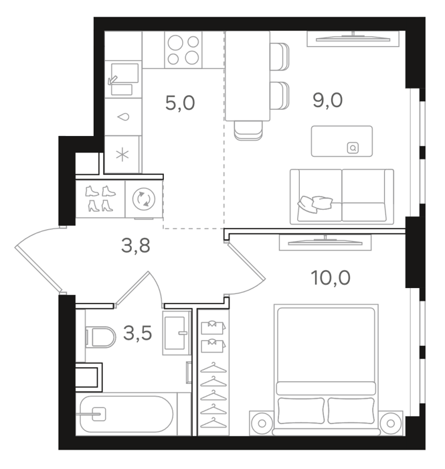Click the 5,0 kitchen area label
[180, 103]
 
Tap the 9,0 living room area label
[328, 100]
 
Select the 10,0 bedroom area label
[331, 277]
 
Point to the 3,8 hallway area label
[136, 245]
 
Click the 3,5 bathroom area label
[138, 333]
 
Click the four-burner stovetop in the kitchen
[183, 50]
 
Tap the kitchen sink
[122, 78]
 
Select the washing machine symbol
[144, 199]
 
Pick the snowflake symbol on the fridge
[122, 155]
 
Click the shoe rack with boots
[100, 199]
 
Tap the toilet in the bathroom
[100, 337]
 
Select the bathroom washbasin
[177, 333]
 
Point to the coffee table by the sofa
[342, 141]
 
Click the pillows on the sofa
[315, 204]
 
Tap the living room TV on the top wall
[353, 38]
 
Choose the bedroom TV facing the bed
[325, 243]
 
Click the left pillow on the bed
[301, 410]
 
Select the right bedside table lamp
[391, 423]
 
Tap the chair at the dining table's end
[248, 131]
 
